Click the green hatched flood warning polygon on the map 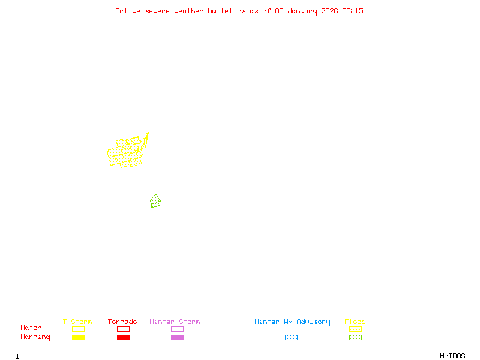[x=156, y=202]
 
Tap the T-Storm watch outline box [x=78, y=329]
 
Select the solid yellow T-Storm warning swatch [x=78, y=337]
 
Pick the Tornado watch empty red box [x=123, y=329]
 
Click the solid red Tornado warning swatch [x=123, y=337]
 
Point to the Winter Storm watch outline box [x=177, y=329]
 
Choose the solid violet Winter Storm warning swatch [x=177, y=337]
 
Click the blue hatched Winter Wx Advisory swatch [x=291, y=337]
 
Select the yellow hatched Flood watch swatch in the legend [x=355, y=329]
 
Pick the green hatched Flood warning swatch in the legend [x=355, y=337]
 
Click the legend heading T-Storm [x=77, y=322]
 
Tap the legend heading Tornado [x=122, y=322]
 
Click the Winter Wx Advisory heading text [x=292, y=322]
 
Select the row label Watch [x=31, y=328]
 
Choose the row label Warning [x=35, y=337]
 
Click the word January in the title [x=302, y=11]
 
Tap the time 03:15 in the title [x=353, y=11]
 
